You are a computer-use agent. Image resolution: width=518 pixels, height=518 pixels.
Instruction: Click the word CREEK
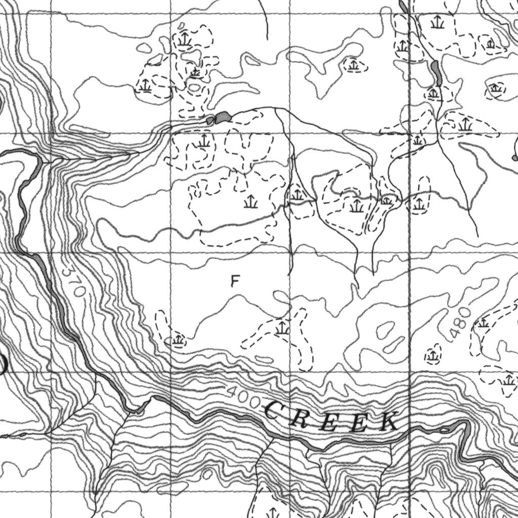[331, 417]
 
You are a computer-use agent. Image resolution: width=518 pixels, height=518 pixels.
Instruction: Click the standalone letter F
[234, 281]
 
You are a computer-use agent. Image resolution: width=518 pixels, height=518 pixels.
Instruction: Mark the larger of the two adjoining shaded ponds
[223, 117]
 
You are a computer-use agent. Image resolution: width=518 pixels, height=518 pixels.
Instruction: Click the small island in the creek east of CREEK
[444, 429]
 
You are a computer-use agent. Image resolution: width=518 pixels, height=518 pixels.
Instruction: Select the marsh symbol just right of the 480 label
[484, 322]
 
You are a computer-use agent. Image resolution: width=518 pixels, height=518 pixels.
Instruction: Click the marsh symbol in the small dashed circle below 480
[433, 356]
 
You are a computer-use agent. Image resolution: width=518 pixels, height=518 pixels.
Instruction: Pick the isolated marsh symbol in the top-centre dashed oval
[353, 64]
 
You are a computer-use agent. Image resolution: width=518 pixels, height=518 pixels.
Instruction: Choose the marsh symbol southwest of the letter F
[178, 339]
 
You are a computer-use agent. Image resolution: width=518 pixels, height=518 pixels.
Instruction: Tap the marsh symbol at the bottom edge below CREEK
[273, 512]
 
